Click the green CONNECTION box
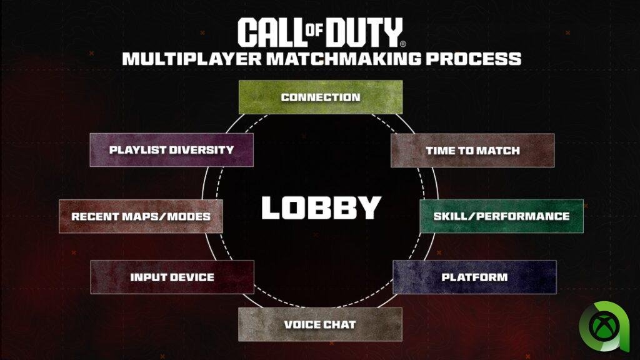coord(321,97)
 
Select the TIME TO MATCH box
coord(472,151)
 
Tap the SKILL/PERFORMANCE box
coord(501,216)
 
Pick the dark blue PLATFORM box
coord(474,277)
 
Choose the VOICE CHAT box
coord(320,324)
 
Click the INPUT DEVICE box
coord(172,277)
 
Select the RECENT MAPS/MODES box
coord(141,216)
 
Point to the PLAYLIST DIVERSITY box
coord(171,150)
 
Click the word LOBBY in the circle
coord(321,207)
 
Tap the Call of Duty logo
coord(321,32)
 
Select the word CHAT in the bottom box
coord(341,324)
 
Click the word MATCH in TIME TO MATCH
coord(498,151)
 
